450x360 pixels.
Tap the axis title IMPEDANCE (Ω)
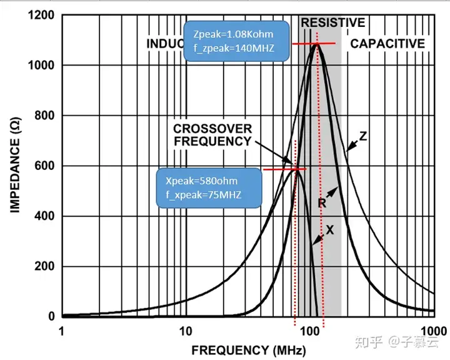pyautogui.click(x=16, y=166)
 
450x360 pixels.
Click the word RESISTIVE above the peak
pyautogui.click(x=332, y=23)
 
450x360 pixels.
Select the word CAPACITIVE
pyautogui.click(x=387, y=44)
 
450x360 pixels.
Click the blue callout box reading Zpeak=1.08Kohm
pyautogui.click(x=237, y=41)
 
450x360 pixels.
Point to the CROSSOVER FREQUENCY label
pyautogui.click(x=212, y=135)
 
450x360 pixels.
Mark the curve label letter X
pyautogui.click(x=330, y=230)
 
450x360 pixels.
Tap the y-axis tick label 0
pyautogui.click(x=52, y=317)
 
